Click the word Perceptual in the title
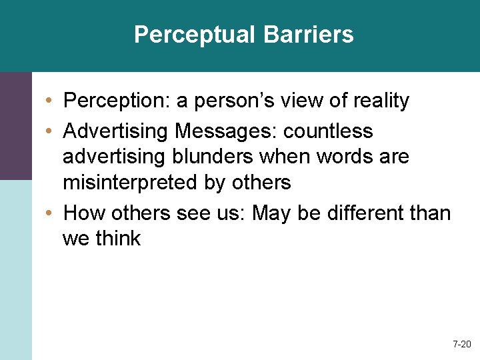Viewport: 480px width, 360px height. tap(189, 35)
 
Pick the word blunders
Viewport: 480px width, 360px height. tap(201, 157)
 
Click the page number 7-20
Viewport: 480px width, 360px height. tap(461, 345)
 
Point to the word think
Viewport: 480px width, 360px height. tap(117, 239)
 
